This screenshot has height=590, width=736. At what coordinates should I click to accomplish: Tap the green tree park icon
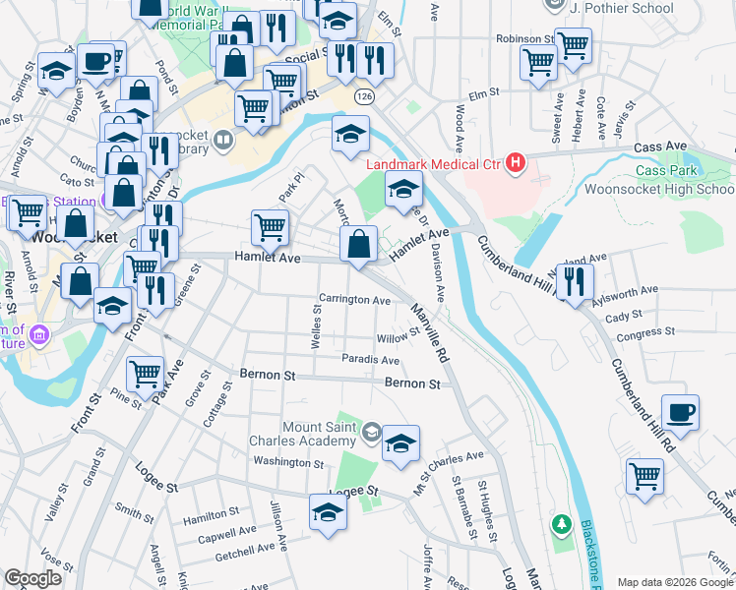561,523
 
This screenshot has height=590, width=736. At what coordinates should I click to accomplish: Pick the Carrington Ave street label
354,299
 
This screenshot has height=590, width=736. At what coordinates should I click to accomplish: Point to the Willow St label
399,337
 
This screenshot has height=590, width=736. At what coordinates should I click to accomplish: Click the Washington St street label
288,461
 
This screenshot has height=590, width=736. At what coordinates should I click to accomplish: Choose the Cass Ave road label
660,146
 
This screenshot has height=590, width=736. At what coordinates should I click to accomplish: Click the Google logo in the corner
32,578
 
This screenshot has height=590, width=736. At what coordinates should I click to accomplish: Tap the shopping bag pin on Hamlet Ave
359,245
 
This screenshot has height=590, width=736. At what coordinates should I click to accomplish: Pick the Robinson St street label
521,39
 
